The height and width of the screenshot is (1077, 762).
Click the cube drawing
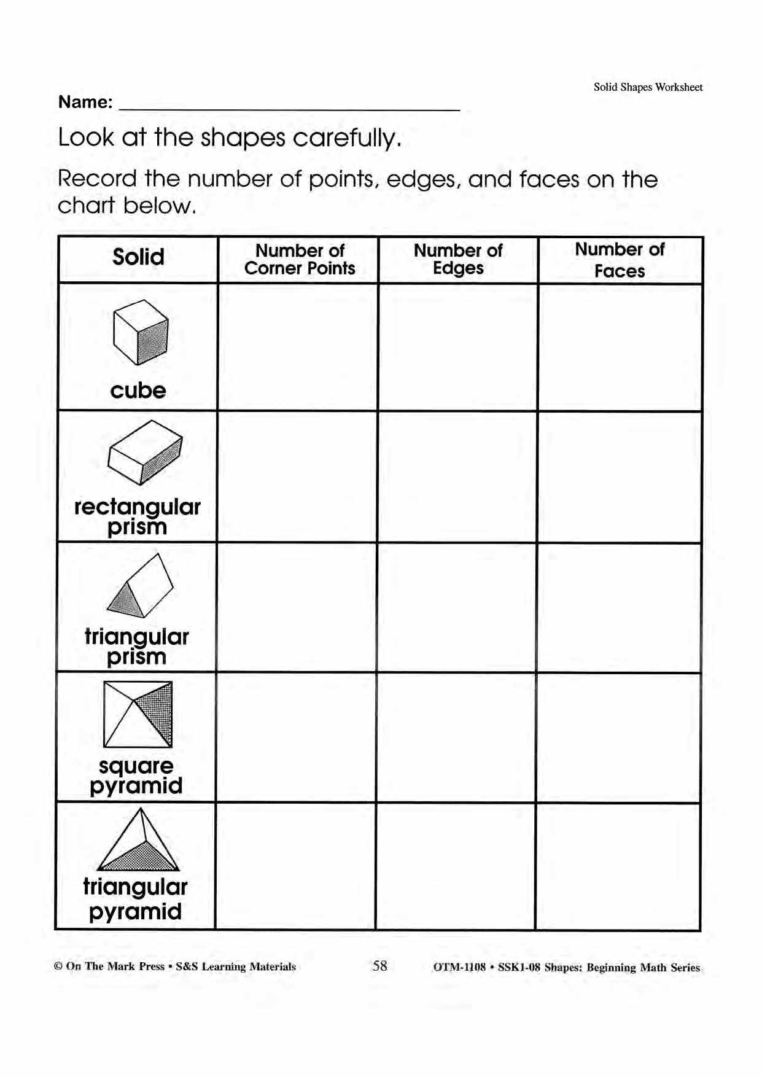point(141,332)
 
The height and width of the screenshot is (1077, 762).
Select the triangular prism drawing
point(140,586)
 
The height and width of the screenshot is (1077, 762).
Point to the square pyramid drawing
point(138,714)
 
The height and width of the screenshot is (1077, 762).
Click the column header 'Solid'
point(138,257)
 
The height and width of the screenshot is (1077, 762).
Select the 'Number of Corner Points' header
point(299,259)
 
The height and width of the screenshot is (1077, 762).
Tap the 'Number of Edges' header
point(458,259)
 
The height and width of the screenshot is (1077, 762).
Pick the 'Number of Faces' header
point(620,260)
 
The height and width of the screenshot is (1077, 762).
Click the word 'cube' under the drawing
point(138,391)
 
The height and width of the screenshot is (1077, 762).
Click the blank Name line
point(289,104)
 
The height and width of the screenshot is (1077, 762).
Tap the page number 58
point(380,966)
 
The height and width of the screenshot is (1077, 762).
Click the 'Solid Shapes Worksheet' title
point(648,87)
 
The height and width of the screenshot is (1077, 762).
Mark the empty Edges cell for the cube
point(458,347)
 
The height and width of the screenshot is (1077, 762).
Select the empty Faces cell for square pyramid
point(619,737)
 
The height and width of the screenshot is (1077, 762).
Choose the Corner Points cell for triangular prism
point(297,607)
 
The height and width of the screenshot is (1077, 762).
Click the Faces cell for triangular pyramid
point(618,866)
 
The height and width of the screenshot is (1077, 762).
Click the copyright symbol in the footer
point(58,966)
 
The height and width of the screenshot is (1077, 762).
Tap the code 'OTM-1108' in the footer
point(459,967)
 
